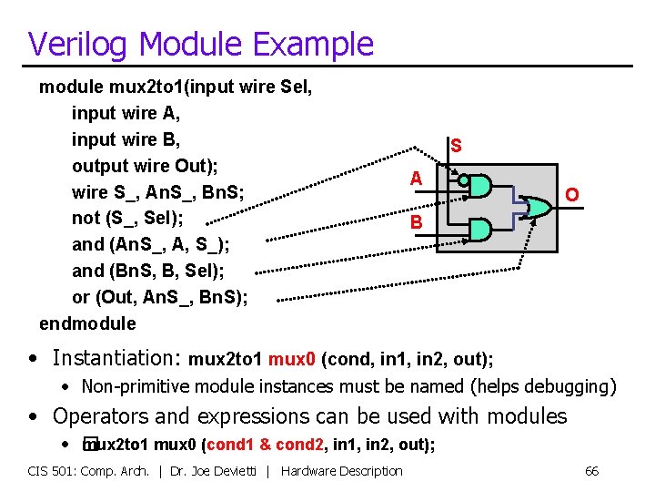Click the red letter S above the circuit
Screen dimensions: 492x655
click(x=456, y=145)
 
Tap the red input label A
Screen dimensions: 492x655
click(x=416, y=179)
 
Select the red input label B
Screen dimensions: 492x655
click(x=416, y=221)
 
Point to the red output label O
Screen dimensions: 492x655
click(x=571, y=195)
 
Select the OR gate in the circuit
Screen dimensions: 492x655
click(x=539, y=208)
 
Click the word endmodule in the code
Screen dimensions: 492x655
click(x=87, y=323)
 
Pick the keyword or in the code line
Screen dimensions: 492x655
click(x=81, y=297)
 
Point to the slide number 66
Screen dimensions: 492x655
click(x=591, y=471)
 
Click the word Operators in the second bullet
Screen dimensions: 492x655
click(x=96, y=416)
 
